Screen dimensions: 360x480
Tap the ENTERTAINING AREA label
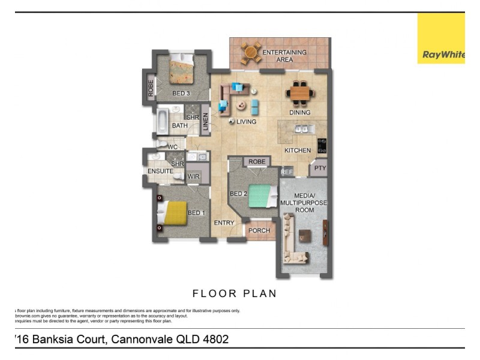tap(284, 56)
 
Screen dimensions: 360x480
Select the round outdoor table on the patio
tap(251, 53)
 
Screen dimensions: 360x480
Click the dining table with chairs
tap(299, 93)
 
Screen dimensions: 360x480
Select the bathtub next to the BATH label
tap(163, 121)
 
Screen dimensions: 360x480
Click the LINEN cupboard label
tap(205, 122)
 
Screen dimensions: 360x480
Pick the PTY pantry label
tap(320, 169)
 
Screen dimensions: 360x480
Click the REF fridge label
tap(287, 172)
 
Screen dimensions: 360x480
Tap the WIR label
tap(193, 176)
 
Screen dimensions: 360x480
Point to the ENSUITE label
tap(160, 172)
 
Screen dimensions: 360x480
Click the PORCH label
tap(259, 230)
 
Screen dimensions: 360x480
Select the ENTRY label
tap(224, 223)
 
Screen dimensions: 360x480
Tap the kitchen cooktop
tap(322, 146)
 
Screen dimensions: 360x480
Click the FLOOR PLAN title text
tap(235, 293)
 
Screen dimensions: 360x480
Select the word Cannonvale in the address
tap(140, 340)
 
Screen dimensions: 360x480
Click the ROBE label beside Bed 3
tap(151, 89)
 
